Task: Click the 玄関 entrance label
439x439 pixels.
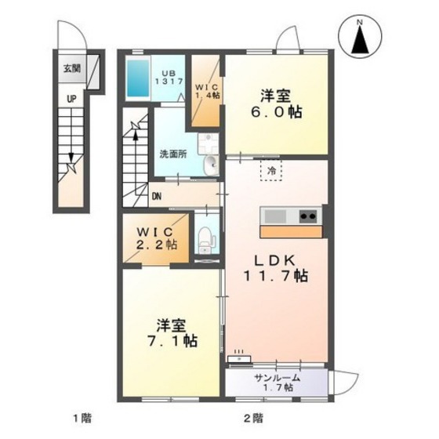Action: [72, 68]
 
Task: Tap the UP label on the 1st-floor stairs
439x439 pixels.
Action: [71, 99]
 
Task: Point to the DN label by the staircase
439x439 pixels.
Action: [157, 197]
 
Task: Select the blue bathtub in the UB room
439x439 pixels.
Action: [138, 78]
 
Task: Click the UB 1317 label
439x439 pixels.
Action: [169, 78]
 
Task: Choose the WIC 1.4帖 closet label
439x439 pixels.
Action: [207, 91]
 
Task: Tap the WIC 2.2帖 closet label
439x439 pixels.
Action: [157, 238]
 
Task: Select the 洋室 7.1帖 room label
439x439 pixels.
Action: [172, 333]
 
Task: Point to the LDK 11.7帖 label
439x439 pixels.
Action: [276, 268]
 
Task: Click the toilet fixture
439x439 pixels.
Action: [205, 240]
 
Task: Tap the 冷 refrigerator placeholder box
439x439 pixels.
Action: [271, 171]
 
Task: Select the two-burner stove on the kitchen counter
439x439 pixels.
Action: [309, 216]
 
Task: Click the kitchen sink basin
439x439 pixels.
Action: [275, 216]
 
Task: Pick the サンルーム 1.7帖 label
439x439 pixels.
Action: [278, 383]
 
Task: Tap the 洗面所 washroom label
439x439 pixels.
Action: [173, 154]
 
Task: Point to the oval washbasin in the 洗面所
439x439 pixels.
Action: [211, 165]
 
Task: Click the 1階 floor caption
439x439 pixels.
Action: [82, 419]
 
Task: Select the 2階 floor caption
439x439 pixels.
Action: [254, 419]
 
